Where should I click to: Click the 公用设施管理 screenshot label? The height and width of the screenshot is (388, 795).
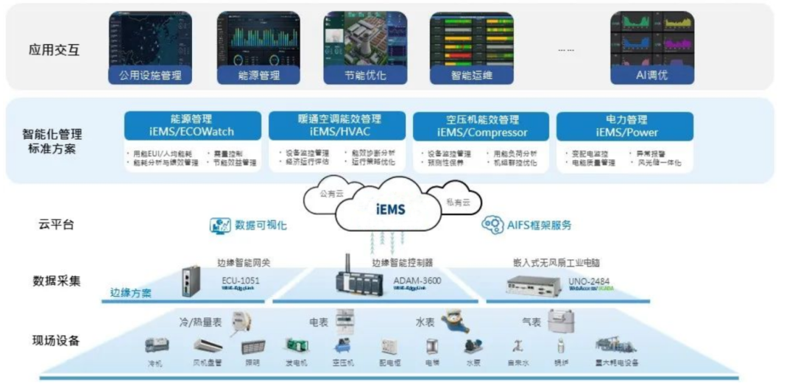pyautogui.click(x=150, y=74)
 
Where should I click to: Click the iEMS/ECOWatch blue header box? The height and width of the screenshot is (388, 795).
pyautogui.click(x=191, y=126)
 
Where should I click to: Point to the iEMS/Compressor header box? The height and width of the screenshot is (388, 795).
pyautogui.click(x=481, y=126)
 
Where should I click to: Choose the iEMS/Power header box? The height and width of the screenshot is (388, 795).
pyautogui.click(x=625, y=126)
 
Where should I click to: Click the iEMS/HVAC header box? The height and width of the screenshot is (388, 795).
pyautogui.click(x=336, y=126)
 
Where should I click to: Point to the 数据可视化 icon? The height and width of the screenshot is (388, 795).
pyautogui.click(x=221, y=225)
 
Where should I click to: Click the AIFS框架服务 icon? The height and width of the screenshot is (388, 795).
pyautogui.click(x=492, y=225)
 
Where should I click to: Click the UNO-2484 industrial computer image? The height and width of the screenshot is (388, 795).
pyautogui.click(x=533, y=284)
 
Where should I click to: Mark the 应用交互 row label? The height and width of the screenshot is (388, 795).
pyautogui.click(x=54, y=51)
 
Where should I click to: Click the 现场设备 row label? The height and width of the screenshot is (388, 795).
pyautogui.click(x=56, y=340)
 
